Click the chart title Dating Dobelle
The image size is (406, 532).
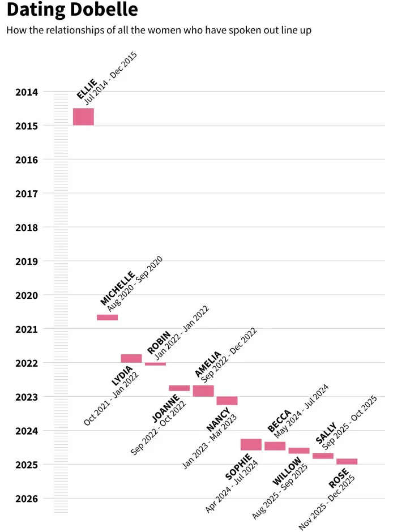coord(72,9)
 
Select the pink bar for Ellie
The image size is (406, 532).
coord(83,117)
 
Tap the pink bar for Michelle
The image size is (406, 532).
coord(107,318)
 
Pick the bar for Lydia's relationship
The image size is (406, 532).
coord(131,358)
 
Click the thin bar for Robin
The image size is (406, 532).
coord(156,364)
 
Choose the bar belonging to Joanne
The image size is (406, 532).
coord(180,388)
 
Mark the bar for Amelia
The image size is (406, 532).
coord(203,391)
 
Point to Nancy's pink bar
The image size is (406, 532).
coord(227,401)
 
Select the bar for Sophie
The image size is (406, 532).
coord(251,444)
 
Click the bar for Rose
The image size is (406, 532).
coord(347,461)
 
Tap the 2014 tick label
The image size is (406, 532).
coord(27,92)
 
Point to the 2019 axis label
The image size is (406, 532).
coord(27,261)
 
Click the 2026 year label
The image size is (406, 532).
coord(27,499)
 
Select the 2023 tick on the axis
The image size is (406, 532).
coord(27,397)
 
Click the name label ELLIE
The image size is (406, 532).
coord(87,89)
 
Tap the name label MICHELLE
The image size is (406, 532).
coord(117,288)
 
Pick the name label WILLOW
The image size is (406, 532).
coord(287,471)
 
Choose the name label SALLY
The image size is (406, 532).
coord(326,433)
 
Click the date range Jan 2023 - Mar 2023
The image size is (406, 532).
coord(210,442)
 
